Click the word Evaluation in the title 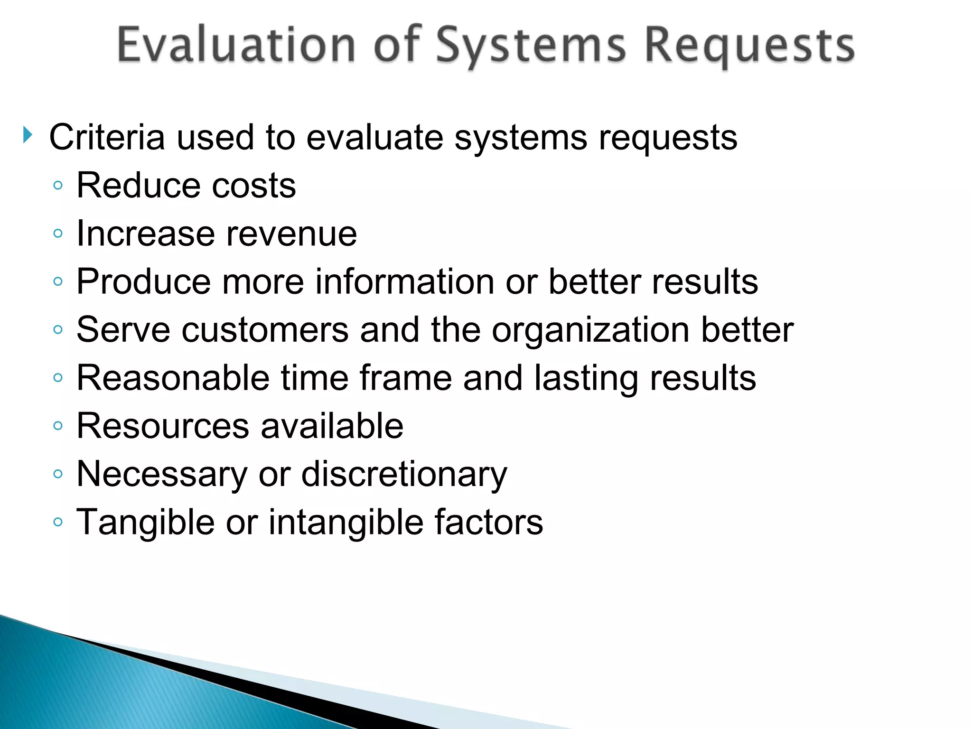point(236,46)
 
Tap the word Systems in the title point(531,47)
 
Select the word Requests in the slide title point(750,47)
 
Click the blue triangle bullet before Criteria point(28,136)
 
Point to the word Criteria point(107,138)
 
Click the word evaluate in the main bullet point(374,138)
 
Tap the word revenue point(291,234)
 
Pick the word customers point(265,330)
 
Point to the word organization point(590,331)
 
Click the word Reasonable point(173,378)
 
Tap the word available point(332,426)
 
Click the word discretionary point(404,475)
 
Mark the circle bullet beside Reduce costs point(58,186)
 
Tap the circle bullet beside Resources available point(58,426)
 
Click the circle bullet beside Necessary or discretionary point(58,474)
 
